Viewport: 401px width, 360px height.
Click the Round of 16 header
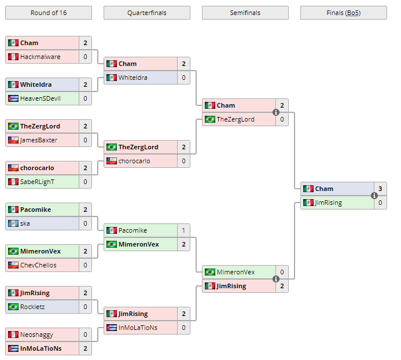coord(48,13)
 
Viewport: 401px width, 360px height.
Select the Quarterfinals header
coord(146,13)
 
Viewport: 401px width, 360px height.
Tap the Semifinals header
coord(245,13)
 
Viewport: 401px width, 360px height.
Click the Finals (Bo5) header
coord(343,13)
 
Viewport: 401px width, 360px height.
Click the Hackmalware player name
coord(40,57)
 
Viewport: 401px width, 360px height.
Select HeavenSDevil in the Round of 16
coord(40,98)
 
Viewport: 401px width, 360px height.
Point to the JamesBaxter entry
coord(38,140)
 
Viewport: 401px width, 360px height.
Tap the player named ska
coord(25,223)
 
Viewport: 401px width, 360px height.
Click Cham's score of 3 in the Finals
coord(380,189)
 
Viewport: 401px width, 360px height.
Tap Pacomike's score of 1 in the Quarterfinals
coord(183,230)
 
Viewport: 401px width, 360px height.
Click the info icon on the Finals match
coord(374,196)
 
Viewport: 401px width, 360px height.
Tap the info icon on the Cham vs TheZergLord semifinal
coord(276,112)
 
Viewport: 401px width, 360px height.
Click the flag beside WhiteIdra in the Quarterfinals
coord(112,78)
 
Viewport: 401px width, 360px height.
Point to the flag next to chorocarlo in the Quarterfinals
coord(112,161)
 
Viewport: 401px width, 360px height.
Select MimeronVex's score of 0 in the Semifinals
coord(282,272)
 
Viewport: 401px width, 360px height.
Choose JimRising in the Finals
coord(328,203)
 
